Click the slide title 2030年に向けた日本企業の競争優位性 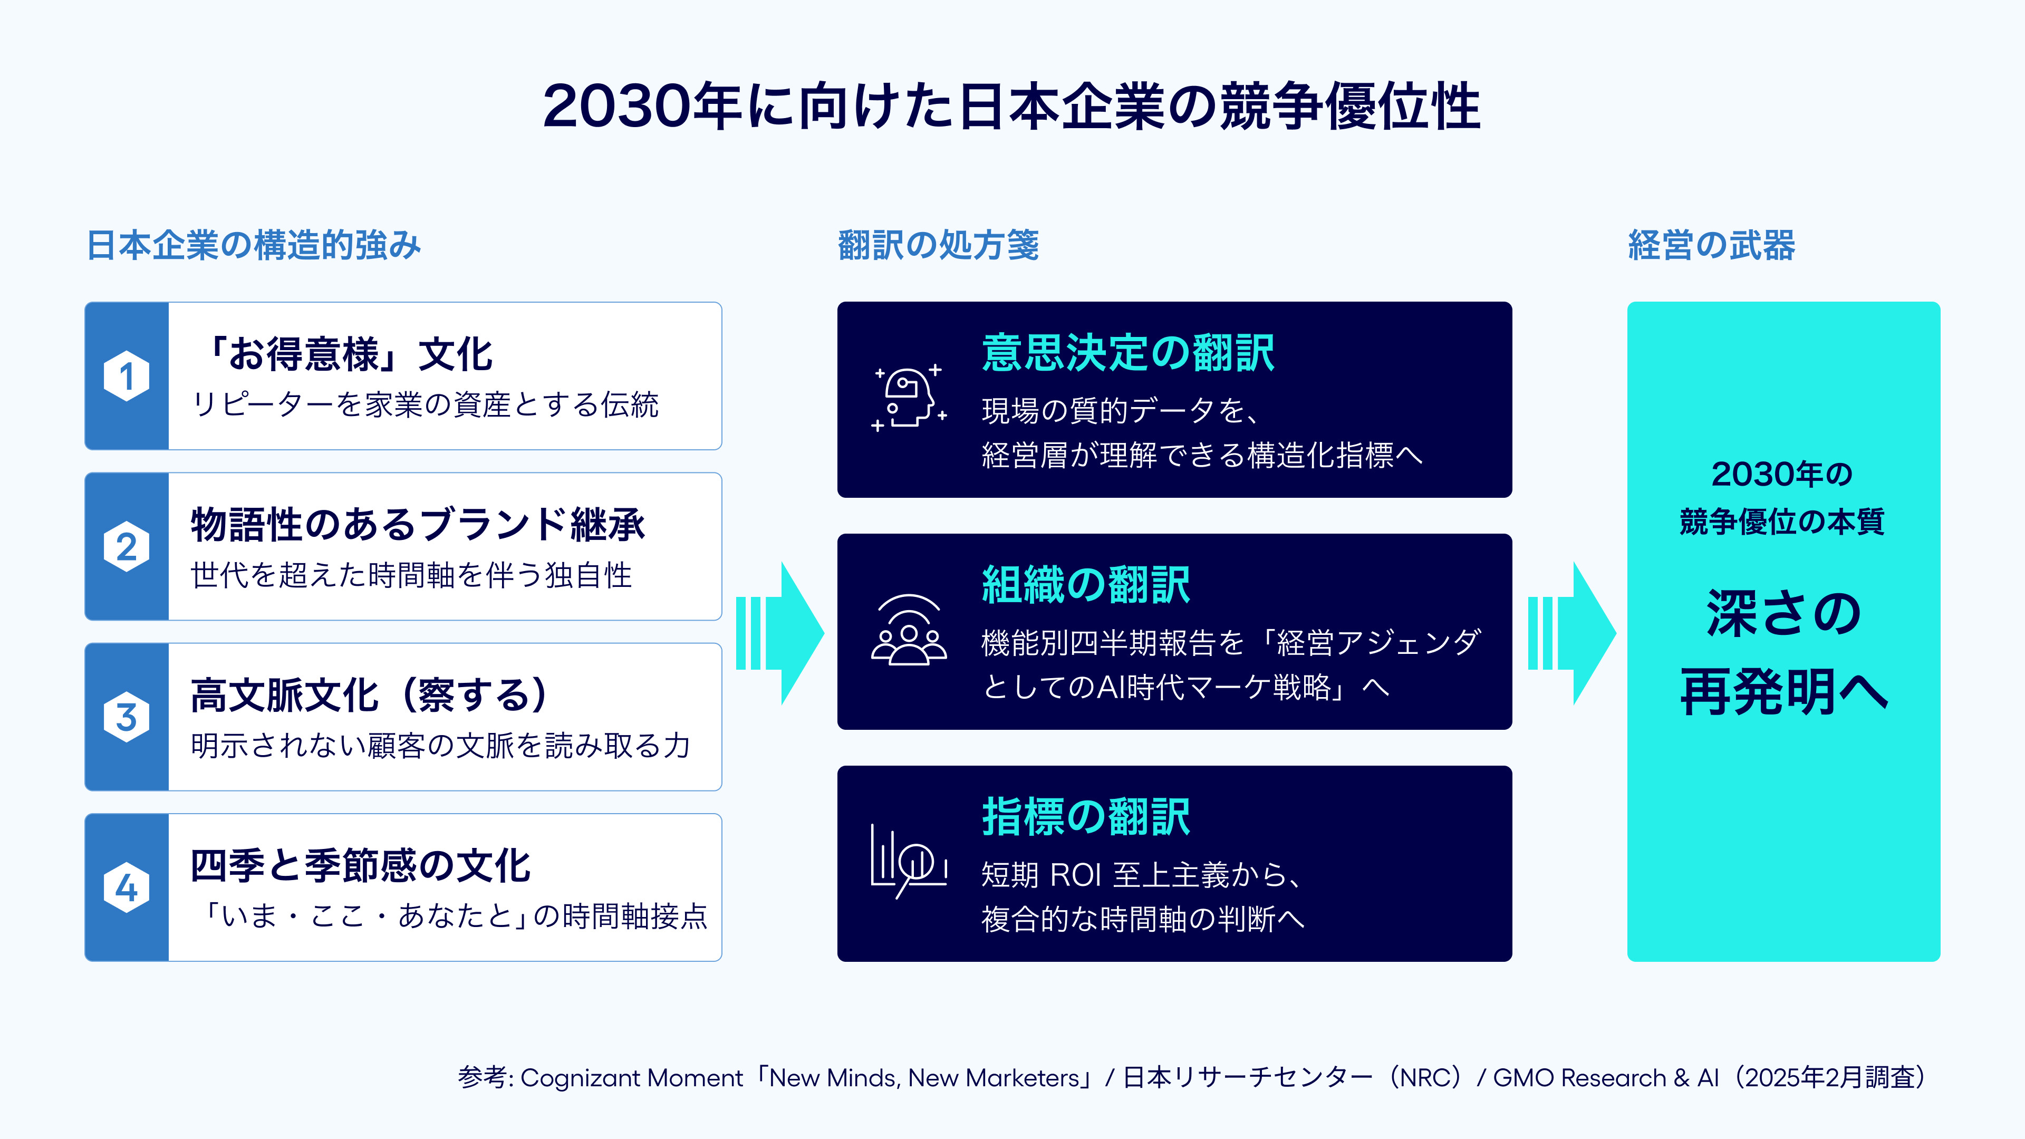(1012, 105)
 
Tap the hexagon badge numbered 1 (127, 376)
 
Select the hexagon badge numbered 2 (127, 546)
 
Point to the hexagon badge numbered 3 (127, 717)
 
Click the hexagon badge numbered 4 (127, 887)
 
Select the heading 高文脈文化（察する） (370, 695)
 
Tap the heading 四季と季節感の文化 (361, 865)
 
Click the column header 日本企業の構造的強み (254, 245)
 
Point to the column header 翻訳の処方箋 (939, 245)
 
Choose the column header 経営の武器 (1711, 245)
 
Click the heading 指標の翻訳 (1086, 817)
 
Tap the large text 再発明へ (1783, 692)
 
